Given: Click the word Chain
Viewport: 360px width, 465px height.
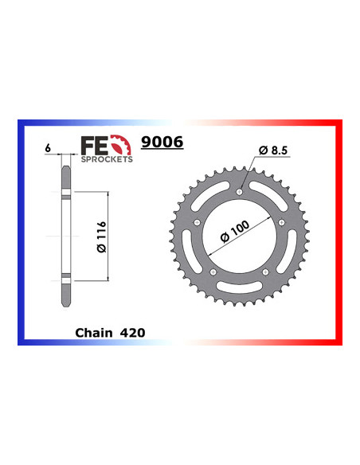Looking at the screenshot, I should point(96,328).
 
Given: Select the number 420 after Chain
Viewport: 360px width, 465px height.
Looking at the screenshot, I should point(133,328).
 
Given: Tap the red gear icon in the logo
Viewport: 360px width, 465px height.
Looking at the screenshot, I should point(120,145).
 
